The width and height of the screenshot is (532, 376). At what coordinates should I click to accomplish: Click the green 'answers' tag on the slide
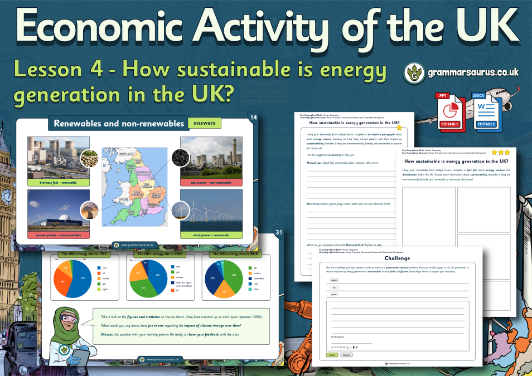[205, 123]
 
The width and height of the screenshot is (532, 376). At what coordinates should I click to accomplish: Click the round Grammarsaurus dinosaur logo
[414, 73]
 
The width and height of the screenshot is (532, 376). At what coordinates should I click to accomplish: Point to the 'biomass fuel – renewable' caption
[59, 182]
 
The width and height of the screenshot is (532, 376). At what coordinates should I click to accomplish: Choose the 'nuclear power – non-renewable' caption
[59, 235]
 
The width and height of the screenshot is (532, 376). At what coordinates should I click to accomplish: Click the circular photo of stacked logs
[90, 159]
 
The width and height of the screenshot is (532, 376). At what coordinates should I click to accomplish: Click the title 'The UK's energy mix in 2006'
[155, 254]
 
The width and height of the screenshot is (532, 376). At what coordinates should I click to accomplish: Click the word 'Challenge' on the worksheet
[397, 258]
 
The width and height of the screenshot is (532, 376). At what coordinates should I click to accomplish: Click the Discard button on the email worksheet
[346, 354]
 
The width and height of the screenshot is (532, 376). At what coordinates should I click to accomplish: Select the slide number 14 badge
[254, 118]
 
